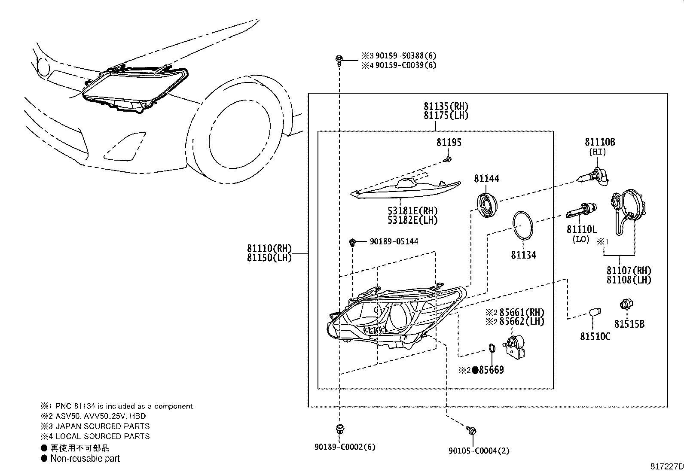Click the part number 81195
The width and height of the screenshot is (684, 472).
[x=449, y=142]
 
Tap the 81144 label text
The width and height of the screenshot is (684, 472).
[x=486, y=179]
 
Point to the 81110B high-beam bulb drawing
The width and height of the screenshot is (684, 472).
[x=592, y=177]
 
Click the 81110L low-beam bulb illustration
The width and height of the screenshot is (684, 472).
[x=581, y=210]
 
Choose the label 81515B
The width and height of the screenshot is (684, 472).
[x=629, y=324]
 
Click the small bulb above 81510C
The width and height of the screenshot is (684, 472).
[x=595, y=313]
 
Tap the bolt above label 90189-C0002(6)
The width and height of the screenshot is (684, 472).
[x=339, y=429]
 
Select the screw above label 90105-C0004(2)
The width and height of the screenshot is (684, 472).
[x=471, y=430]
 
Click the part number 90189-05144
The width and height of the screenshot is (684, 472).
[x=394, y=241]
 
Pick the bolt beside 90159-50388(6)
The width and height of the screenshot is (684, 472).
[x=339, y=61]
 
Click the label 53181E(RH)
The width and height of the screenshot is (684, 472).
[x=412, y=210]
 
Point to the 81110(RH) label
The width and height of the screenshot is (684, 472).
[x=269, y=248]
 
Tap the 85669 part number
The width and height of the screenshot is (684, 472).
[x=491, y=370]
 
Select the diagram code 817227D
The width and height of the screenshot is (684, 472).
[x=667, y=466]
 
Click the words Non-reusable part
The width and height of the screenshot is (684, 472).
[x=85, y=458]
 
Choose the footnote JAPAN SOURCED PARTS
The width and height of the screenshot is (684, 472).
[x=103, y=426]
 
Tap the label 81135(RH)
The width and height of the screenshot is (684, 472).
[x=446, y=106]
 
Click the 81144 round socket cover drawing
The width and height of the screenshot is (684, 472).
[x=487, y=205]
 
